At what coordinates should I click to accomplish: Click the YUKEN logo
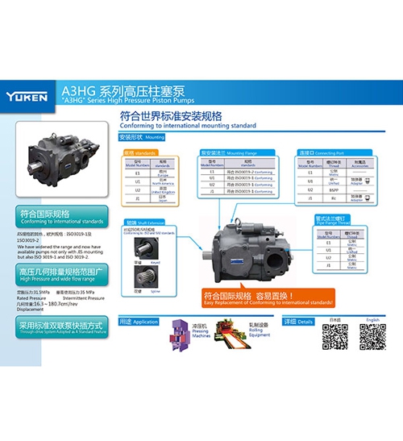pos(29,94)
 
